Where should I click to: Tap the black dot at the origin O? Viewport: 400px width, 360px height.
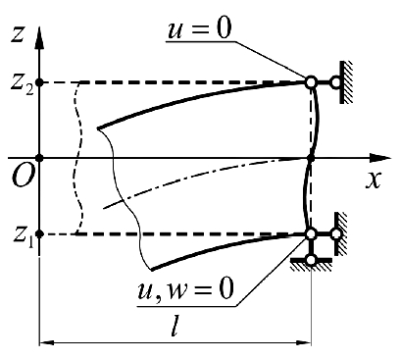(x=39, y=157)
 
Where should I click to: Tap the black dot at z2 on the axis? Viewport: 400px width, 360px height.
(x=39, y=82)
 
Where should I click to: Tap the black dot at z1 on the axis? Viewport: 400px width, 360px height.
(x=39, y=234)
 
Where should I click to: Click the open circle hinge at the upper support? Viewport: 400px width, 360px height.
(x=311, y=82)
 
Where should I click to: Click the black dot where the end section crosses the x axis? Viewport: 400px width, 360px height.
(x=311, y=157)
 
